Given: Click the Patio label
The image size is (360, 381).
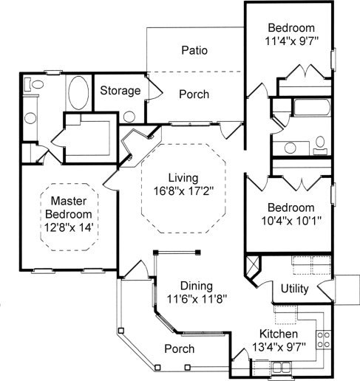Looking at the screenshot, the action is click(x=194, y=50).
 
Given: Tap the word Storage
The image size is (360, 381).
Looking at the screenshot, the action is click(x=120, y=91).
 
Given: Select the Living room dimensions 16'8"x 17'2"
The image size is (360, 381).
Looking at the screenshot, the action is click(x=183, y=191).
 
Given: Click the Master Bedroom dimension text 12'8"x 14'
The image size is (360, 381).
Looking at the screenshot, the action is click(x=69, y=227).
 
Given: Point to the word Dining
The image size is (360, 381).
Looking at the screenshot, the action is click(x=197, y=286).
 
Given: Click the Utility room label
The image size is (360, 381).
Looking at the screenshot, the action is click(x=295, y=289).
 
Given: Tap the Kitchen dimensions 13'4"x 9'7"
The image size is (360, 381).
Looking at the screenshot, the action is click(x=279, y=347).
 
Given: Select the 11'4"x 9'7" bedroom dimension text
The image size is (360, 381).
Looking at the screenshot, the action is click(x=292, y=41).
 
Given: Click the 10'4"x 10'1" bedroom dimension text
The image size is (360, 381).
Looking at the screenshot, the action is click(x=291, y=221).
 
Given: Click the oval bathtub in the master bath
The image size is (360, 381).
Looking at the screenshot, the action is click(x=78, y=93).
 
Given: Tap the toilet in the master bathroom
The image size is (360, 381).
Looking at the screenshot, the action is click(x=35, y=84).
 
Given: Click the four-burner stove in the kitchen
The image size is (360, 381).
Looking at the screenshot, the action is click(x=323, y=340).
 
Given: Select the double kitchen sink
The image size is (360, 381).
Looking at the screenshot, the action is click(x=282, y=368).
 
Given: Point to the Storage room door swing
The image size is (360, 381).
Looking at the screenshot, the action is click(x=154, y=88).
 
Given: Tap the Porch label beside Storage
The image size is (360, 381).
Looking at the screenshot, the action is click(x=194, y=95).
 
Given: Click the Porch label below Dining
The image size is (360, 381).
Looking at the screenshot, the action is click(x=180, y=349).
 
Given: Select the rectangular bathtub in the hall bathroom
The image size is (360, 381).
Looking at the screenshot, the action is click(x=312, y=107).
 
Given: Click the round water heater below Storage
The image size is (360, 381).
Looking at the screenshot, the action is click(x=129, y=117).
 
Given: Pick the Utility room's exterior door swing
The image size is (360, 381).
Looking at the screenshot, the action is click(x=326, y=289).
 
